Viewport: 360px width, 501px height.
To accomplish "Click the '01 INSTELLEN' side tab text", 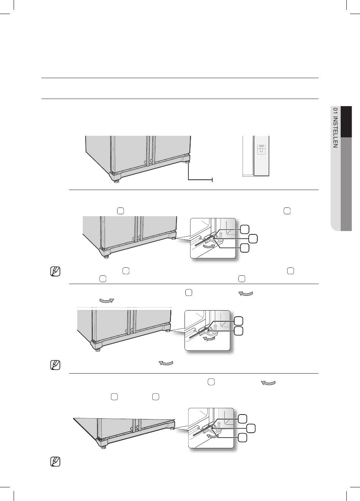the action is [335, 128].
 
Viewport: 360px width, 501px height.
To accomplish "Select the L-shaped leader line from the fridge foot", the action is [200, 172].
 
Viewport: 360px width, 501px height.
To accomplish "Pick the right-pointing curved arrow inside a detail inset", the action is [209, 246].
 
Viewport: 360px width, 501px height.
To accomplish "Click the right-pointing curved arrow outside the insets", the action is [107, 301].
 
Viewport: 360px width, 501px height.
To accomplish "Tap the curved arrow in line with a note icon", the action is [166, 363].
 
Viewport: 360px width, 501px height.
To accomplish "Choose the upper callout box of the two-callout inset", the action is [239, 321].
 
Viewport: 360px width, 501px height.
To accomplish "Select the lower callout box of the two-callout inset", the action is [239, 331].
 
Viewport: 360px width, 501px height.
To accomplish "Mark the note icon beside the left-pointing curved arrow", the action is [55, 365].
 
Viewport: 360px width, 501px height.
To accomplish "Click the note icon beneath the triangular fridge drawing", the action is [55, 462].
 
